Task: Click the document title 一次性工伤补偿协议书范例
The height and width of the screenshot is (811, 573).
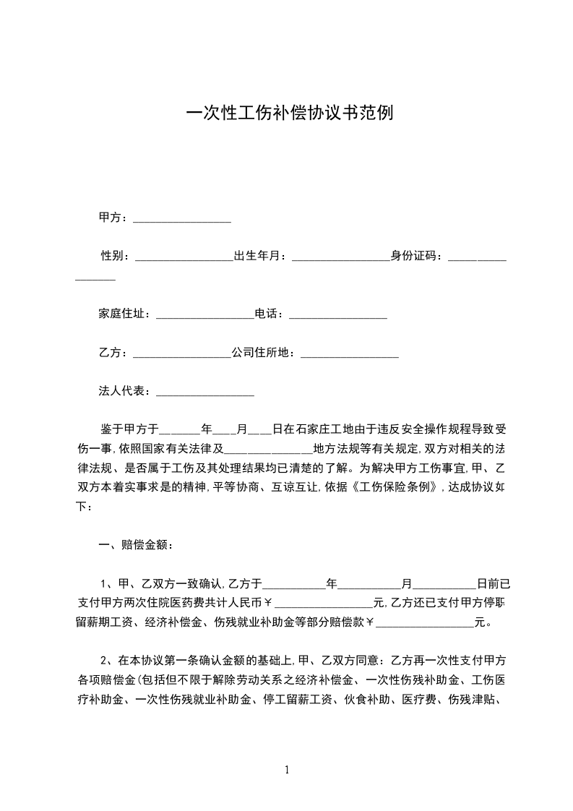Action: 290,114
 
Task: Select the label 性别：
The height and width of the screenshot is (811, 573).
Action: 116,256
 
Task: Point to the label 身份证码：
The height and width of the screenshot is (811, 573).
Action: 419,256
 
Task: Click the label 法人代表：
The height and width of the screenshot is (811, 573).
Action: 126,392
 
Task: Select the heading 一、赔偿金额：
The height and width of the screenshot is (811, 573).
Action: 136,544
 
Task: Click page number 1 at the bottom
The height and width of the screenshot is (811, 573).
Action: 288,771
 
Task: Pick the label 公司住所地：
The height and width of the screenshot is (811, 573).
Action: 264,353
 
